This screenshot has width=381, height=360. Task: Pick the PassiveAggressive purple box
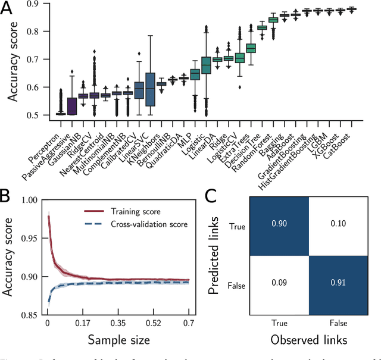pos(72,106)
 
